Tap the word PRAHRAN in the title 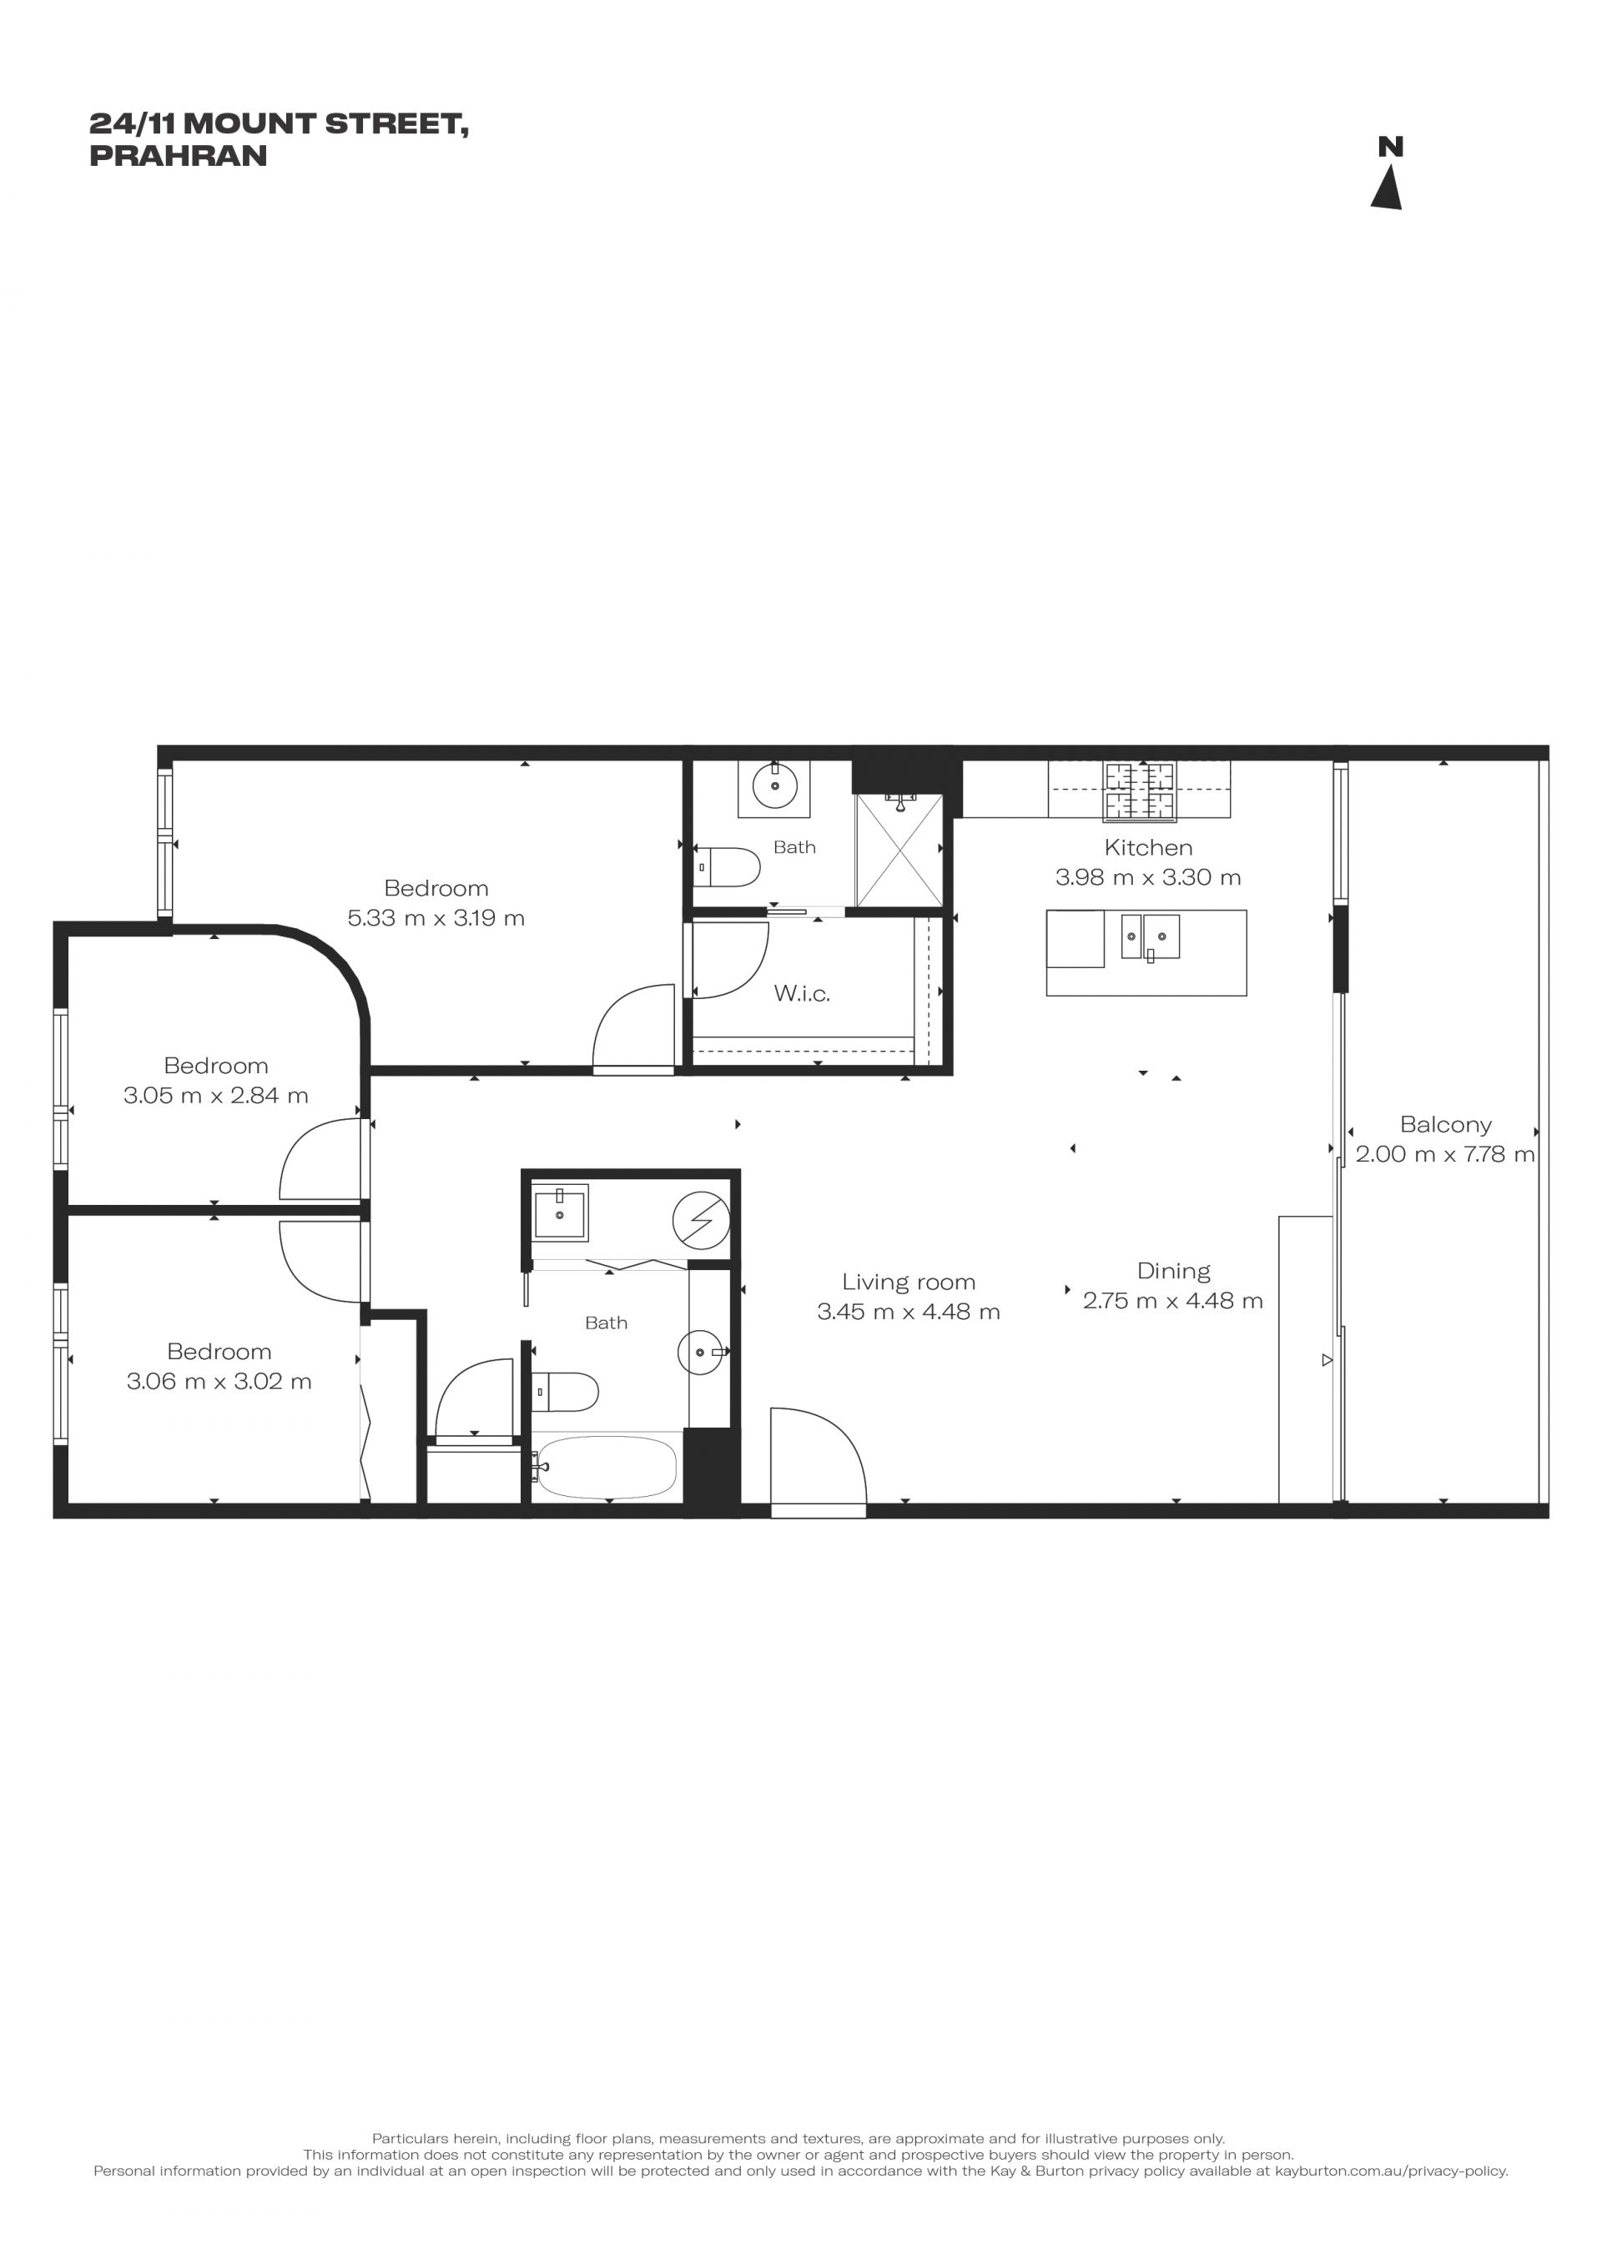[x=179, y=156]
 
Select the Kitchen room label [x=1148, y=847]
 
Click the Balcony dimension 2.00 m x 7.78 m [x=1445, y=1154]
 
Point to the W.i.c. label [x=802, y=993]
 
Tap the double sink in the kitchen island [x=1151, y=936]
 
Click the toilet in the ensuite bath [x=727, y=868]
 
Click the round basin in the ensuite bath [x=774, y=786]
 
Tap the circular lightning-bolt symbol [x=702, y=1221]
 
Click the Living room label [x=909, y=1282]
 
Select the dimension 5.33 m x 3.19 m [x=436, y=918]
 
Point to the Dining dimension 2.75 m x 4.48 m [x=1173, y=1301]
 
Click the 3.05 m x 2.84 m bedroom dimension [x=216, y=1096]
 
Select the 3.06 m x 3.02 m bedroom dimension [x=219, y=1382]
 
